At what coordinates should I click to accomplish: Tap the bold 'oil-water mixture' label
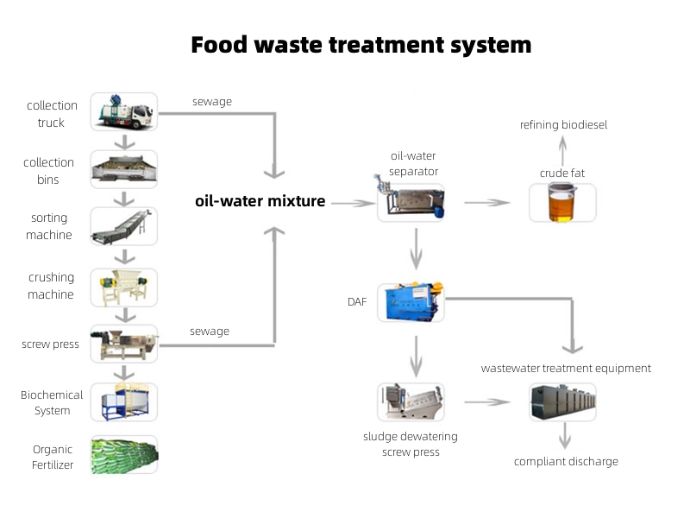[260, 201]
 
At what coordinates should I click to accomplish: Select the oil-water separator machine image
[411, 202]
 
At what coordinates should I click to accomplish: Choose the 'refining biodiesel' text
[563, 124]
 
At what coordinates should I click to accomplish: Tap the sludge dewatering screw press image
[411, 402]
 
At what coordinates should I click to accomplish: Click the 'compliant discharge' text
[566, 461]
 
